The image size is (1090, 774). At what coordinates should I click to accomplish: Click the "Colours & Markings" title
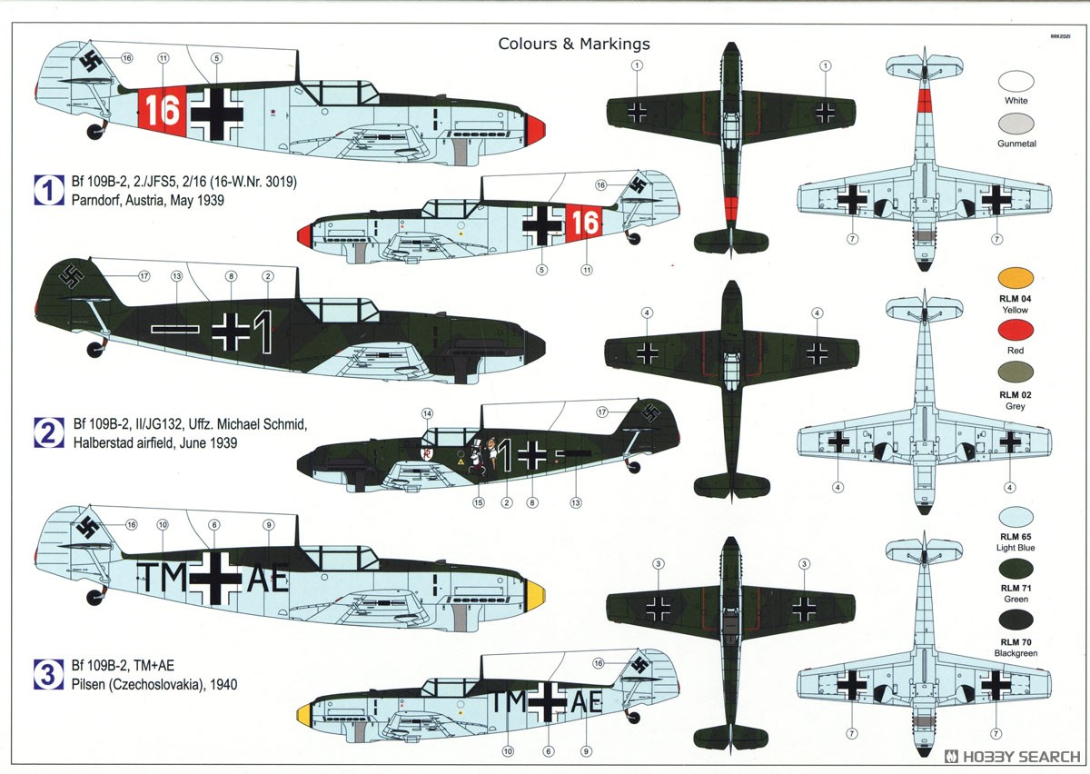pyautogui.click(x=574, y=44)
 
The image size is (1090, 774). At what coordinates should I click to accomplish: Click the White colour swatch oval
pyautogui.click(x=1016, y=81)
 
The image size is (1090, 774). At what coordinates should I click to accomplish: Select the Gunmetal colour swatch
pyautogui.click(x=1016, y=124)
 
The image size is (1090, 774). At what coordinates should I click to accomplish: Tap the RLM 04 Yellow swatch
pyautogui.click(x=1016, y=278)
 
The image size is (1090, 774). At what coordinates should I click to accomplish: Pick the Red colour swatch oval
pyautogui.click(x=1016, y=330)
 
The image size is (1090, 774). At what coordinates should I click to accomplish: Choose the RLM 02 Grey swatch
pyautogui.click(x=1016, y=372)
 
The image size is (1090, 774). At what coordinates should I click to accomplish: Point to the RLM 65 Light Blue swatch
pyautogui.click(x=1016, y=517)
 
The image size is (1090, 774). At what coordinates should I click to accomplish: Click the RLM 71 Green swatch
pyautogui.click(x=1016, y=568)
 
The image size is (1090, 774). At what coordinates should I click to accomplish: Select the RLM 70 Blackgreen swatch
pyautogui.click(x=1016, y=620)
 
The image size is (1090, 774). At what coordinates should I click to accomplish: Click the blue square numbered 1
pyautogui.click(x=49, y=190)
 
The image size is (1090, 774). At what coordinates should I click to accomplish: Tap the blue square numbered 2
pyautogui.click(x=49, y=432)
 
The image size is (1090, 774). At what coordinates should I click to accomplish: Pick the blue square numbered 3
pyautogui.click(x=49, y=674)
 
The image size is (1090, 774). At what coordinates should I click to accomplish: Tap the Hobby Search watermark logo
pyautogui.click(x=1012, y=757)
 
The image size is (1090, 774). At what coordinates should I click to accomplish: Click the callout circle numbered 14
pyautogui.click(x=427, y=413)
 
